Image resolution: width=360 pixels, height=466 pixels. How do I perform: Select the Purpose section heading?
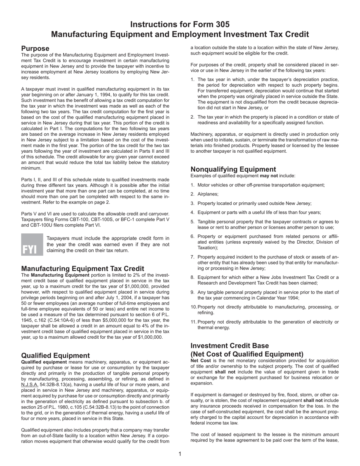(35, 48)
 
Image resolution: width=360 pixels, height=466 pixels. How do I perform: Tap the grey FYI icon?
(30, 244)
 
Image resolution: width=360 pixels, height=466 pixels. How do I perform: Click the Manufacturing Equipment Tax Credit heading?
(83, 269)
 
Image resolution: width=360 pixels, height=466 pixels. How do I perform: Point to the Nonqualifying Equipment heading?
(233, 169)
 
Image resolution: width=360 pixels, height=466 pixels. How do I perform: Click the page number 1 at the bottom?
(180, 454)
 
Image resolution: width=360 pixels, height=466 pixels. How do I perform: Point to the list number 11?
(194, 322)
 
